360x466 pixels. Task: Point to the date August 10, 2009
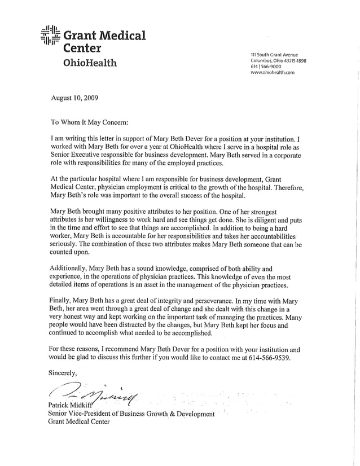coord(74,98)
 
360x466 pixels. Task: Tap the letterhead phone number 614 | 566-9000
coord(267,67)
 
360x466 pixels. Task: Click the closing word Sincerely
coord(62,373)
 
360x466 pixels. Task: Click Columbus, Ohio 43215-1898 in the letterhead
coord(278,60)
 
